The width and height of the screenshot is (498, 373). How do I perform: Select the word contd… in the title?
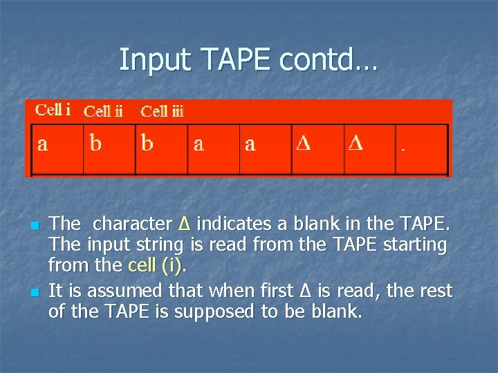point(329,60)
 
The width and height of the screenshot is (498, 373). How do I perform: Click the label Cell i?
point(53,109)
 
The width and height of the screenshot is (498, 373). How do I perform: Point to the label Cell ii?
point(103,111)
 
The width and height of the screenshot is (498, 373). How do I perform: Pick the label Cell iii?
point(162,111)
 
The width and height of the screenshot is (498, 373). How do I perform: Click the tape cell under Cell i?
point(57,149)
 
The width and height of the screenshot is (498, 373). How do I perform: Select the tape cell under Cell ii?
point(109,149)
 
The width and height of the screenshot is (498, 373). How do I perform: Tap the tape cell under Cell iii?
point(161,149)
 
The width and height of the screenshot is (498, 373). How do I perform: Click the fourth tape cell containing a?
point(213,149)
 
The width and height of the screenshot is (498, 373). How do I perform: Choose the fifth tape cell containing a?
point(265,149)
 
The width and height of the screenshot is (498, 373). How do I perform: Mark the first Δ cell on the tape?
point(317,149)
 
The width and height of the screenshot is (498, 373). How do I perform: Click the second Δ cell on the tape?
point(369,149)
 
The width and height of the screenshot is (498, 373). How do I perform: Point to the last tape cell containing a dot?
point(421,149)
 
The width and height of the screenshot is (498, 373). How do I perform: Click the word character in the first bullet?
point(132,224)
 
